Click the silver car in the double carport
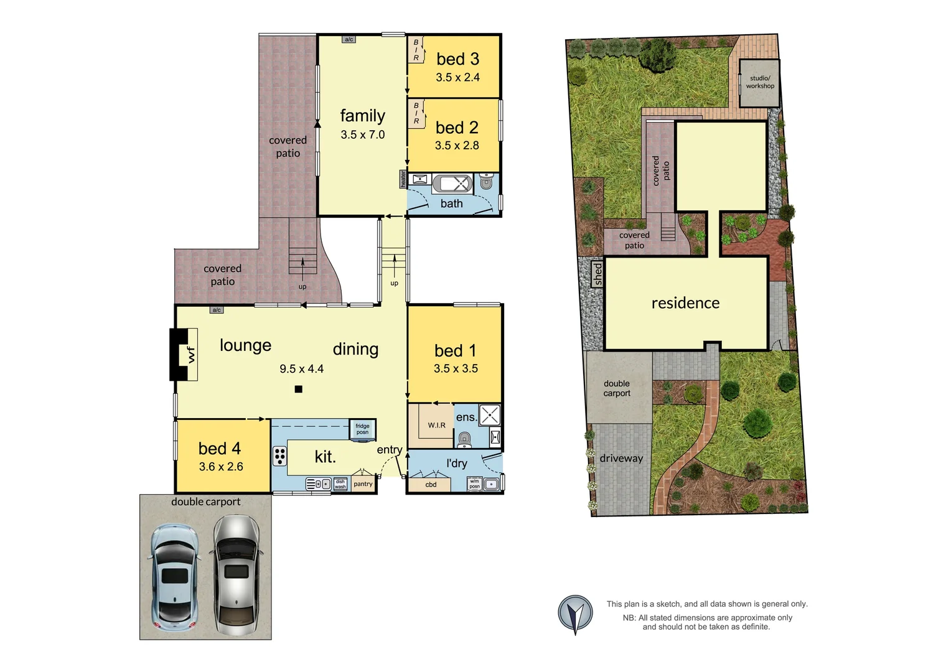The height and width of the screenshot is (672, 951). tap(237, 575)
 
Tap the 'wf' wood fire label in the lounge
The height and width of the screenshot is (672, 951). tap(190, 355)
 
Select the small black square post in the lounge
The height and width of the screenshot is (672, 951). tap(299, 390)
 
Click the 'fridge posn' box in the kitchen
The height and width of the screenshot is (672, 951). tap(362, 429)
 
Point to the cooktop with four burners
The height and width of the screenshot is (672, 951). tap(280, 456)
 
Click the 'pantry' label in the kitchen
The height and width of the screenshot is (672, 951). tap(363, 484)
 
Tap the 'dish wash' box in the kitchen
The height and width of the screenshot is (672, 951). tap(340, 484)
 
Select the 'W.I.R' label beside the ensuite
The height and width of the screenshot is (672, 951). tap(436, 426)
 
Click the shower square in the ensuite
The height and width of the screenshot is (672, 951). tap(490, 415)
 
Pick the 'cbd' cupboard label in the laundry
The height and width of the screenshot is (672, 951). tap(431, 485)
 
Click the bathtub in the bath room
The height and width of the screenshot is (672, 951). tap(452, 184)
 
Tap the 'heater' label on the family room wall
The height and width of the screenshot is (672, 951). tap(403, 179)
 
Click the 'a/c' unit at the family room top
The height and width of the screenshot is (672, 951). tap(349, 40)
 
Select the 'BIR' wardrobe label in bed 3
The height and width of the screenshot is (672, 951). tap(416, 50)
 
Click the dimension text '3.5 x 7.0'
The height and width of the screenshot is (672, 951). tap(363, 134)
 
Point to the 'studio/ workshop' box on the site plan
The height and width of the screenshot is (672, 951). tap(759, 82)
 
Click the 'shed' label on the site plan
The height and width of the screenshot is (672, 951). tap(597, 274)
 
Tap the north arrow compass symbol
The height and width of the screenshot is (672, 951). tap(575, 614)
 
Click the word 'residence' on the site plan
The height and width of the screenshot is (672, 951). tap(685, 303)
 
